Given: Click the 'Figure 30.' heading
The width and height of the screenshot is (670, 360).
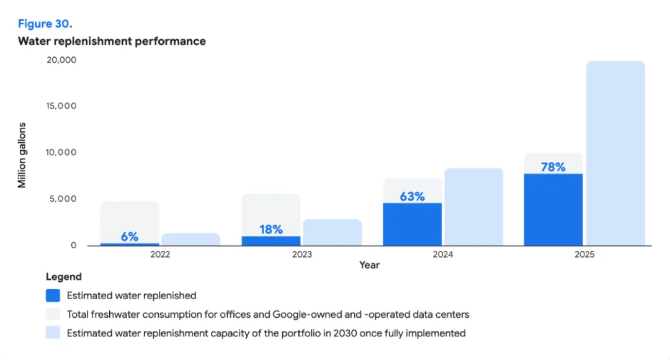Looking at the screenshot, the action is [x=45, y=24].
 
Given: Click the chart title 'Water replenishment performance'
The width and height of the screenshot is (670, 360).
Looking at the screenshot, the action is [x=112, y=41].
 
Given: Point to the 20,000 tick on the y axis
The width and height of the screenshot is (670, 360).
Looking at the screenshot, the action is [x=61, y=60].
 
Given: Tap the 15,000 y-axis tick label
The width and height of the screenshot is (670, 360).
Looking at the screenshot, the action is [x=61, y=106].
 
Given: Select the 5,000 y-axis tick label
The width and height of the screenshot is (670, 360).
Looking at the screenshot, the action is [x=63, y=199].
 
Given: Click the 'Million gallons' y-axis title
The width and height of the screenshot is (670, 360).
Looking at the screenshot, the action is [x=22, y=155].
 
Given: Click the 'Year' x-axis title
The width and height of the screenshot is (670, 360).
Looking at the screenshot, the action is [x=369, y=265].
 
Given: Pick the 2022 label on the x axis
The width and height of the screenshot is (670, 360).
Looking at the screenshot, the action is [x=160, y=254].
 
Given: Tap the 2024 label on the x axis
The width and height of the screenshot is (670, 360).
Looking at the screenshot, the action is [x=443, y=254].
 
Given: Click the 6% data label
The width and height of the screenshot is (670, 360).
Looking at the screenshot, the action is [x=130, y=236].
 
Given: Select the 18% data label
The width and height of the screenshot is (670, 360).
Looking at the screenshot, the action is [x=271, y=230].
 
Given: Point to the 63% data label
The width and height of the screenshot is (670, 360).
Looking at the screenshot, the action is [x=413, y=197].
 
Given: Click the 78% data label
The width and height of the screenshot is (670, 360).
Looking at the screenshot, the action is [x=553, y=167].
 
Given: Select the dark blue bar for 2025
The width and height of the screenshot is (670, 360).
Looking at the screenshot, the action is [x=553, y=210].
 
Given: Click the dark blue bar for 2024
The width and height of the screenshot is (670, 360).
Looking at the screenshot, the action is [x=413, y=225].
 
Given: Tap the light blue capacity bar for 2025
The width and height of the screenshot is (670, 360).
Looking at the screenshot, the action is [x=616, y=153].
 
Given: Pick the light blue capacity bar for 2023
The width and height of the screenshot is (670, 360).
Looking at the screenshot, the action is [x=333, y=233].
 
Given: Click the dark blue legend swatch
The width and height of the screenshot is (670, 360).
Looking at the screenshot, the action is [x=53, y=295].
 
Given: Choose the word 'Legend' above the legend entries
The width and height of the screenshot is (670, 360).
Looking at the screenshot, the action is [x=64, y=277].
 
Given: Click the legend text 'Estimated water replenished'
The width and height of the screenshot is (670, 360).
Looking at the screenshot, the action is [x=132, y=295].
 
